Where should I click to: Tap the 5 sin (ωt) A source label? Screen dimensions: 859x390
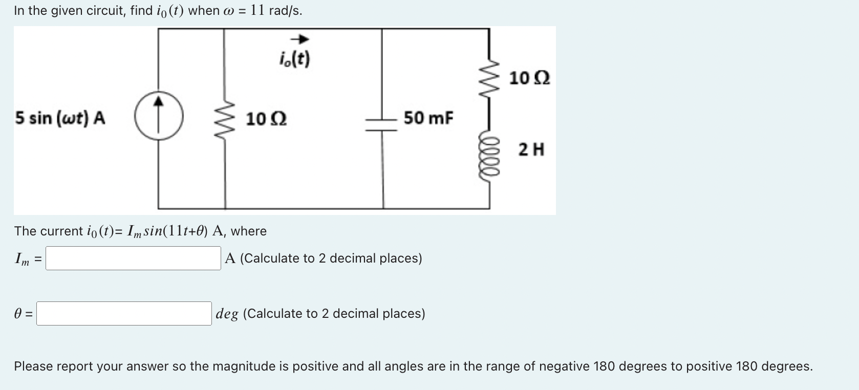pos(60,118)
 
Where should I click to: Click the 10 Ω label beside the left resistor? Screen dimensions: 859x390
pos(266,119)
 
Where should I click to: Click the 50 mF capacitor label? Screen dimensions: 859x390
pos(428,118)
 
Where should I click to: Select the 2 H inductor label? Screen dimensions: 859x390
pos(531,150)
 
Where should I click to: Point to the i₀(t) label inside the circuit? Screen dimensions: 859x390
pos(295,59)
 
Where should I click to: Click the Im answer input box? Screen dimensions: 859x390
pos(133,258)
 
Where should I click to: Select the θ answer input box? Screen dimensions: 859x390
pos(124,313)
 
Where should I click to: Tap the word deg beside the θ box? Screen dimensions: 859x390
pos(227,313)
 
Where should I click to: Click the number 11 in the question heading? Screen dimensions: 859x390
pos(257,10)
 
